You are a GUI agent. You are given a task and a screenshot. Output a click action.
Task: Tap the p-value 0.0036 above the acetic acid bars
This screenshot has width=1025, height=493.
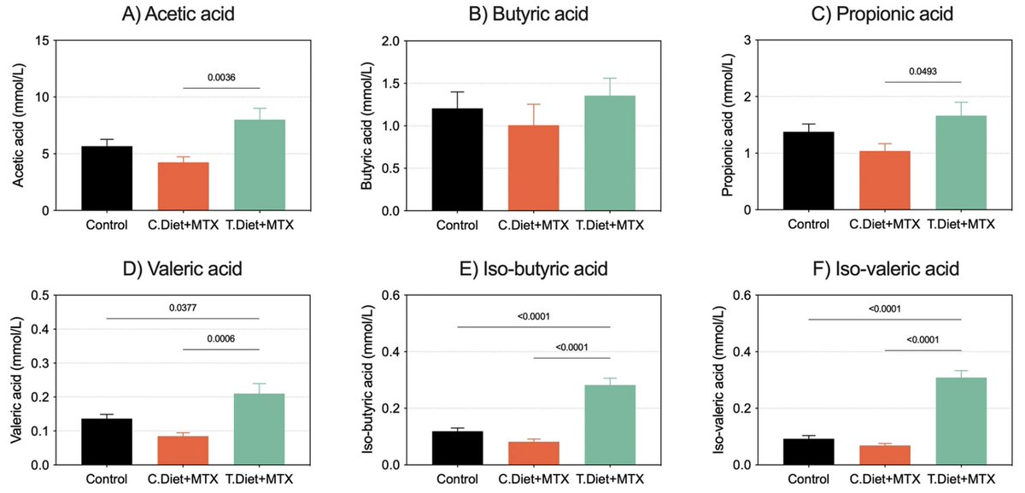221,77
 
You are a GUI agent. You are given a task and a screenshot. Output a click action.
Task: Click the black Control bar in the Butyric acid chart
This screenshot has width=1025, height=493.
457,160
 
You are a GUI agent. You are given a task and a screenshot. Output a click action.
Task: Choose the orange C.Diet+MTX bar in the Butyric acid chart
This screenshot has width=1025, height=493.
534,168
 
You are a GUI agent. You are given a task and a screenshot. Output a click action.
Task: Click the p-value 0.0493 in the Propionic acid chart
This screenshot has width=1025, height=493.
922,71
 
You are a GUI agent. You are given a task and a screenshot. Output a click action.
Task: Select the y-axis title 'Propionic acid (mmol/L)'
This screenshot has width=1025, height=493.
728,125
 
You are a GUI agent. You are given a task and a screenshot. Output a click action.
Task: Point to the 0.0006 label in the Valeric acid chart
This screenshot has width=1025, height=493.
221,338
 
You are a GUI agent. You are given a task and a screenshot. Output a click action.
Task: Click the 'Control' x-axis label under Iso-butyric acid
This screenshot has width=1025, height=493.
457,480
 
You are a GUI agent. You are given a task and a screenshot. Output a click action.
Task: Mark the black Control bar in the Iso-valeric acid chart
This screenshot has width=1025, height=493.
807,452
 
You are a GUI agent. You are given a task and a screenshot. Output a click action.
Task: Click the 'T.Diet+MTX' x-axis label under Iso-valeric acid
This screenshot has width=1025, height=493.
961,480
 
